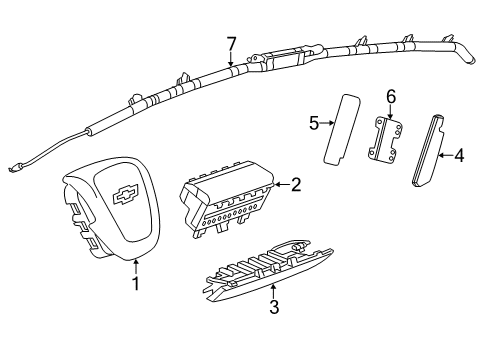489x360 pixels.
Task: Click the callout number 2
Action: (295, 183)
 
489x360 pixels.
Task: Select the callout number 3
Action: (273, 307)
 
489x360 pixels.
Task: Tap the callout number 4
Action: (459, 155)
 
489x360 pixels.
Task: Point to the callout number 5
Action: (312, 124)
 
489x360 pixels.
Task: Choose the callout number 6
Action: (391, 96)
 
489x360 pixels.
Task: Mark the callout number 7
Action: (231, 43)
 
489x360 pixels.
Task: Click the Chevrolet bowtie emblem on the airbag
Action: (126, 195)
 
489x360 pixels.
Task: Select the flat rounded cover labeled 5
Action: (340, 127)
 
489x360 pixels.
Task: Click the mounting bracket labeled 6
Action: (388, 139)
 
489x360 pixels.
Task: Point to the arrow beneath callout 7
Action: (231, 61)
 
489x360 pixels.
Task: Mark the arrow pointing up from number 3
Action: (273, 290)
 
